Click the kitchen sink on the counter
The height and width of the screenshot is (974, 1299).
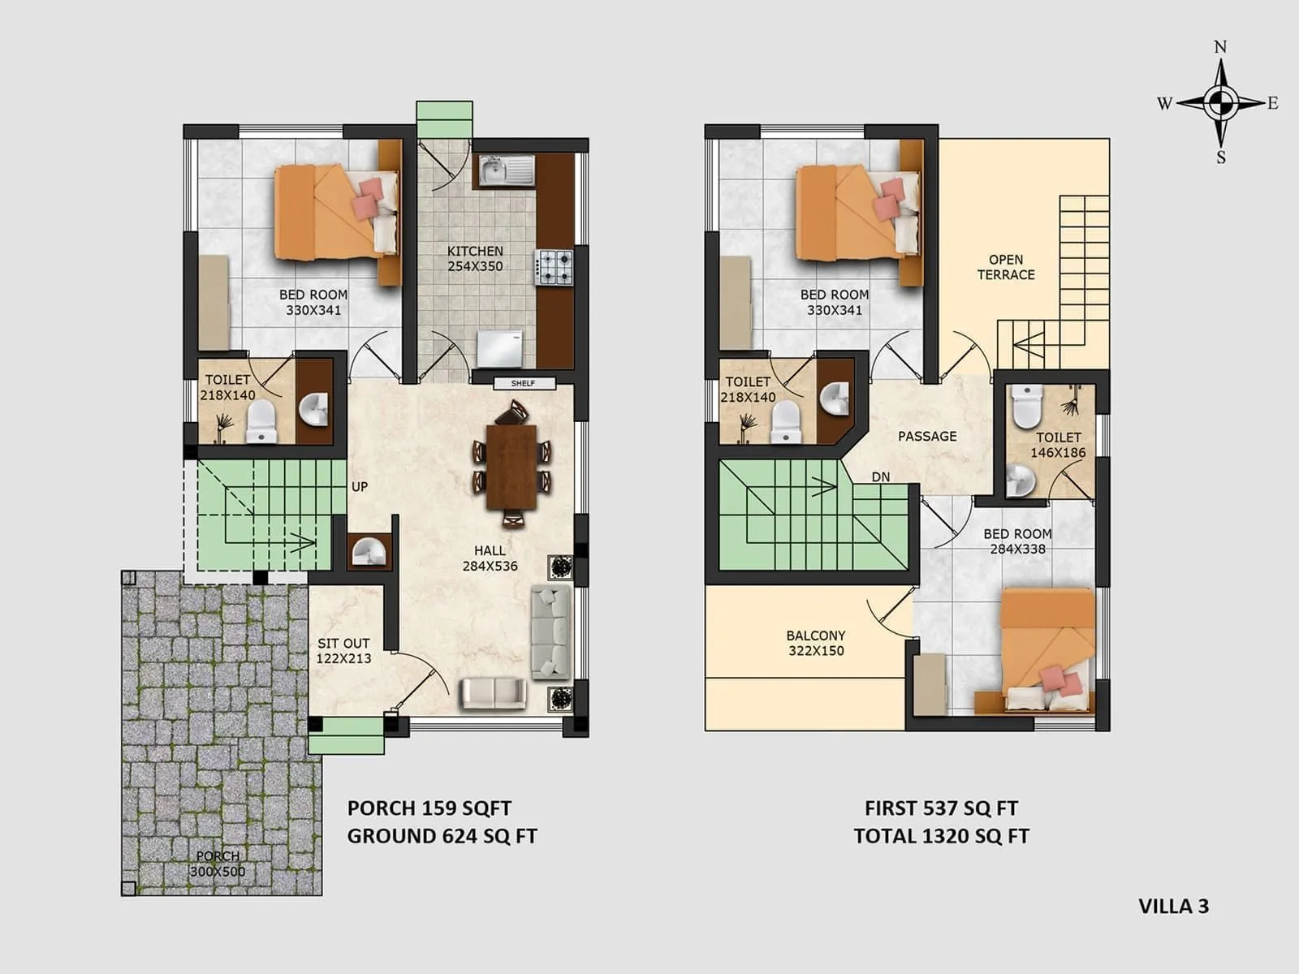505,171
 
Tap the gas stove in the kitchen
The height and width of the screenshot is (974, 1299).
554,267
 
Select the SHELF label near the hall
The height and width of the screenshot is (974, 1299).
524,383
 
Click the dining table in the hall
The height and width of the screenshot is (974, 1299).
511,466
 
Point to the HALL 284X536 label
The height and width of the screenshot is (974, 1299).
490,558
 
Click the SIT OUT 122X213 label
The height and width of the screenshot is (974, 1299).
343,651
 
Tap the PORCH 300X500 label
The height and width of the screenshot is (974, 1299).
218,864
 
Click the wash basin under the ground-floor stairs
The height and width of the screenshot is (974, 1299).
369,551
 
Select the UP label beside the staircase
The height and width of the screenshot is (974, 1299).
360,487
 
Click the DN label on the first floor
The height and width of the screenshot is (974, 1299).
881,477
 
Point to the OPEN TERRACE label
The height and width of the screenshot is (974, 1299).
1006,267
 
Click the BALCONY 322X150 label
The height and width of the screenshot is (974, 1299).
816,643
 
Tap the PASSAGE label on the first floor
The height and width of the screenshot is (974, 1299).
927,437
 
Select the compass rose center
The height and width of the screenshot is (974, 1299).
1219,103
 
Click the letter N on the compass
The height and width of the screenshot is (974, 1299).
1220,47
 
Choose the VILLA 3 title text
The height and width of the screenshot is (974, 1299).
1173,907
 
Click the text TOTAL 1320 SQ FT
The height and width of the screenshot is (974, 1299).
941,836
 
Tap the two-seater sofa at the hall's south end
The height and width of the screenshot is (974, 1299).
493,694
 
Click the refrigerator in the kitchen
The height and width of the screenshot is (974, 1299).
499,349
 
